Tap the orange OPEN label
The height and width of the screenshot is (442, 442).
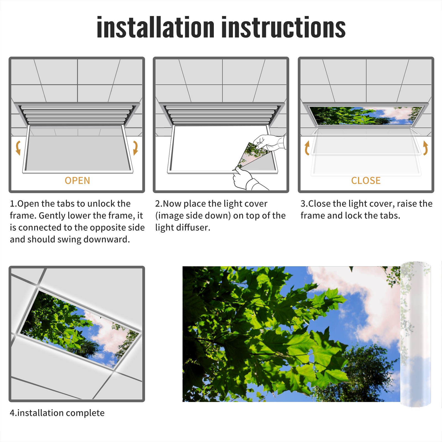[77, 181]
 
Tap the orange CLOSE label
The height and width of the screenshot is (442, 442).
[366, 181]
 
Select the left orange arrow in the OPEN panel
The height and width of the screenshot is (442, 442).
[18, 148]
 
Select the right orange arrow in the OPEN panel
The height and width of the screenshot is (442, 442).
[135, 148]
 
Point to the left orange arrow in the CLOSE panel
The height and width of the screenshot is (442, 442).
[307, 148]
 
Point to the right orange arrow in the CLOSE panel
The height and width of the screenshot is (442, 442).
[425, 148]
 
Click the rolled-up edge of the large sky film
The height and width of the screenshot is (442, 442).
[415, 334]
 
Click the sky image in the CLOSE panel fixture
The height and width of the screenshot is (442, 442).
[366, 115]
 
